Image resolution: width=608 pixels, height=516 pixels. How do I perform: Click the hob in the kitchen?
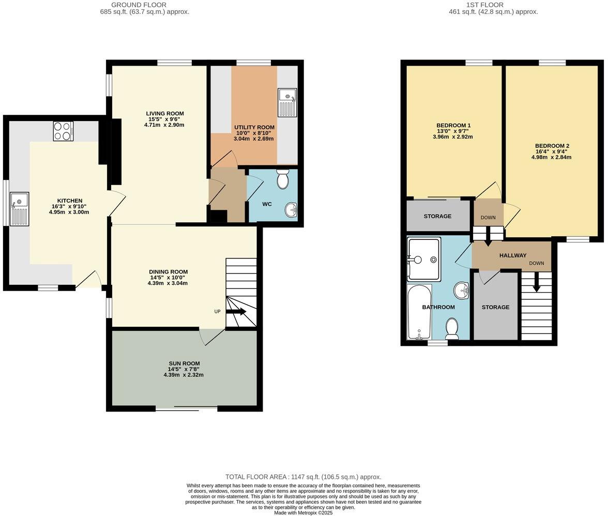63,131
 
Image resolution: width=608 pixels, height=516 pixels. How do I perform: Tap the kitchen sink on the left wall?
19,208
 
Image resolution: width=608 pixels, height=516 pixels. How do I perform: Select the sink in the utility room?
287,102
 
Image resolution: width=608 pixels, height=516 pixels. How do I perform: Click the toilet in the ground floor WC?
283,179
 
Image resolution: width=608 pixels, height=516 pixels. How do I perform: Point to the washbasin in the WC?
291,210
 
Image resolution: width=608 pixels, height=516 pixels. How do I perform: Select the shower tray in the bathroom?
424,259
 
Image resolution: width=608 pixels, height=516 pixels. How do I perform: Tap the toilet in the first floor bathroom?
452,329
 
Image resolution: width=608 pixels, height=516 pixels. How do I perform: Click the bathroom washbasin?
462,291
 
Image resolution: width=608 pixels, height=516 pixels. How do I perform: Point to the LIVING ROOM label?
165,114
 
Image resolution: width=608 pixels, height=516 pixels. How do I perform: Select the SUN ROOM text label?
184,363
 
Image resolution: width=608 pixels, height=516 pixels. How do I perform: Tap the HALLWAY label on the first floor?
513,255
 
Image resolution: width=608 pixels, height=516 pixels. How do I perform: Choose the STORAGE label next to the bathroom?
495,307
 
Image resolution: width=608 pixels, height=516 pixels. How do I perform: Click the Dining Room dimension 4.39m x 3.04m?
168,283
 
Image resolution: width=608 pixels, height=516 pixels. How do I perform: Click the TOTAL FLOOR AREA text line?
303,477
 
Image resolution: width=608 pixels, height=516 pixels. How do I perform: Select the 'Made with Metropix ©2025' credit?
303,513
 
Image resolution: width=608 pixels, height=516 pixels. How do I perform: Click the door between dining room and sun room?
212,336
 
